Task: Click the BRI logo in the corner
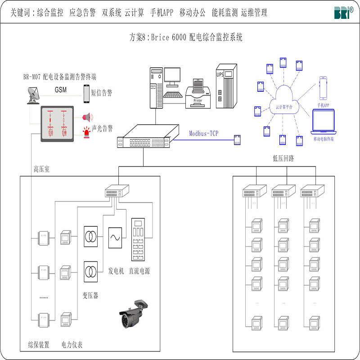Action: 343,12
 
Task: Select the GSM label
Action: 61,90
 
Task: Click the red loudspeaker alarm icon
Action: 86,117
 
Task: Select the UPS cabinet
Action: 226,85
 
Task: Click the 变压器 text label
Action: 90,295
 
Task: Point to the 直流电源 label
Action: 139,271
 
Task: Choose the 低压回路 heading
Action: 283,158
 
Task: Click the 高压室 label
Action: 42,169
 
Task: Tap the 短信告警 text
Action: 102,93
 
